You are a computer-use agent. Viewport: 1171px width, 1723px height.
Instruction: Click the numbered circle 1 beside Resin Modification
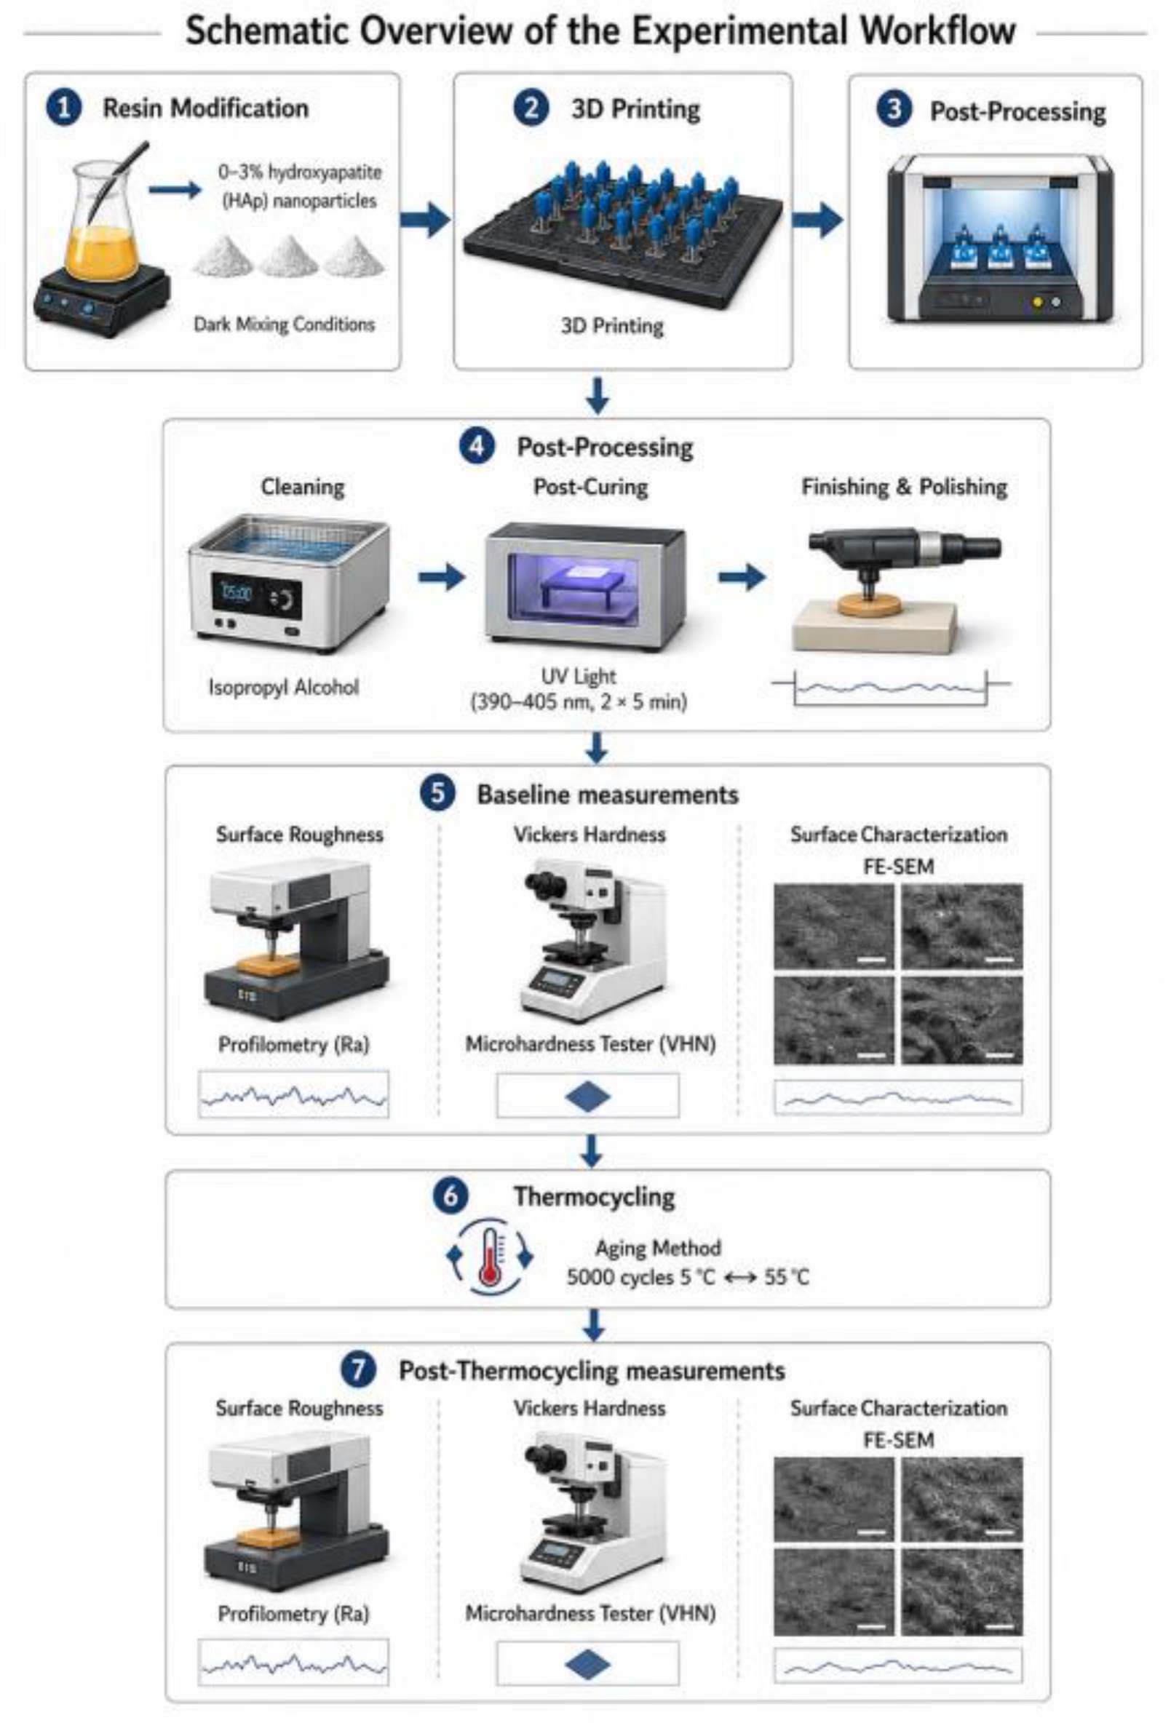point(64,108)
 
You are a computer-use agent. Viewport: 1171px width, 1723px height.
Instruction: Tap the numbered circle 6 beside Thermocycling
point(451,1196)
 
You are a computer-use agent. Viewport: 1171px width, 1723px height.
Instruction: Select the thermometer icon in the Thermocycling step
point(490,1257)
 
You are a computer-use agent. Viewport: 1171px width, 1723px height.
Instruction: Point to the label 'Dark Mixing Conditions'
point(284,325)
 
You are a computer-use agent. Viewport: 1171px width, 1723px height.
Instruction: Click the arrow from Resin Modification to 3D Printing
point(425,220)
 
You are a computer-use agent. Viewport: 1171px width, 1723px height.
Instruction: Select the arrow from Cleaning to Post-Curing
point(441,577)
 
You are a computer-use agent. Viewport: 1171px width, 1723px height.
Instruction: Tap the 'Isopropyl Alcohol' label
point(283,688)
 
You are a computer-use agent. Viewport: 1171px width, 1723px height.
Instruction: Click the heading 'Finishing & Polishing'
point(904,487)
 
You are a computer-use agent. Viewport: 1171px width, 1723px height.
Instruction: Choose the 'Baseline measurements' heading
point(608,795)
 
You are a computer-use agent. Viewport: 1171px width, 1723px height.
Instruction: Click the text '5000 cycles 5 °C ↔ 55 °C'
point(688,1278)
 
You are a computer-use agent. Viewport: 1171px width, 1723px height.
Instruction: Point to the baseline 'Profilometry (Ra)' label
point(294,1045)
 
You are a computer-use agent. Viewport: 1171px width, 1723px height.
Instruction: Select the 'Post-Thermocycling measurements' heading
point(592,1371)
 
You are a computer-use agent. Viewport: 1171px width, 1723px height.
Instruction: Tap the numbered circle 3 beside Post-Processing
point(894,110)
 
